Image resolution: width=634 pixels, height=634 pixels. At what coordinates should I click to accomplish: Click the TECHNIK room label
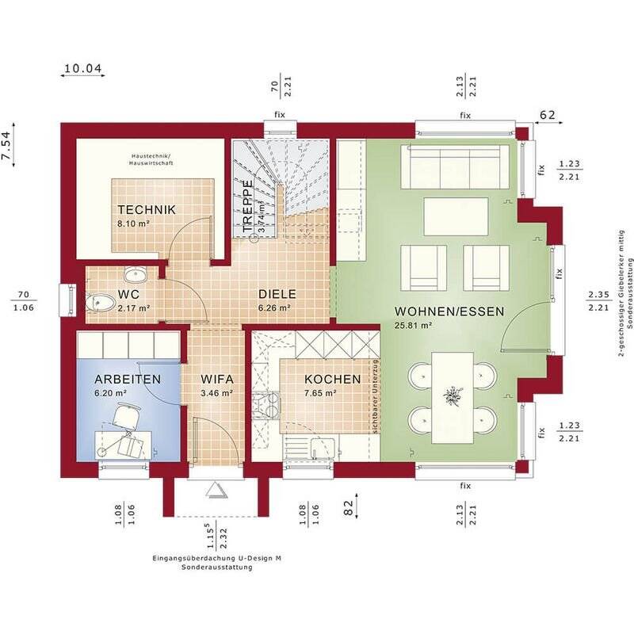[147, 210]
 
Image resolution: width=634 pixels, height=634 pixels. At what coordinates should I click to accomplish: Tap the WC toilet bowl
[100, 303]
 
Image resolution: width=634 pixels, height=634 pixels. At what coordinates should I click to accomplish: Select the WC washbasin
[136, 275]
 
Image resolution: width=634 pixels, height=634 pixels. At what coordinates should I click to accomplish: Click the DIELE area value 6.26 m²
[274, 308]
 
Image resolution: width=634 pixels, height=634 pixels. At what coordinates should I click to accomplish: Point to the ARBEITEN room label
[128, 380]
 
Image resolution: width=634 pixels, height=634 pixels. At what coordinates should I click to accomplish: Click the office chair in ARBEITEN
[126, 414]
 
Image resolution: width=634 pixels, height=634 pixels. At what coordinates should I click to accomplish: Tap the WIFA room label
[217, 380]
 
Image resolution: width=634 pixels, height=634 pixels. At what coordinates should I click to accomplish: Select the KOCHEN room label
[332, 380]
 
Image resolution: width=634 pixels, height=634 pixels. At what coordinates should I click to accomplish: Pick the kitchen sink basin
[323, 447]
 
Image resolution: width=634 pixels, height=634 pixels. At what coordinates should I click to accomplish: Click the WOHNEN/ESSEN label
[449, 311]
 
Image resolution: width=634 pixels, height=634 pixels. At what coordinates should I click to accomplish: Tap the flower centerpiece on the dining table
[452, 396]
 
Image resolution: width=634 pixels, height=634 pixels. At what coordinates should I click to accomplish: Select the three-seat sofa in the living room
[455, 166]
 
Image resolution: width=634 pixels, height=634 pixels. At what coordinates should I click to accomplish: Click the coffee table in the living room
[456, 216]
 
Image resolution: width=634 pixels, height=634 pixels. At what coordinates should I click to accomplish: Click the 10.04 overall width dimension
[83, 68]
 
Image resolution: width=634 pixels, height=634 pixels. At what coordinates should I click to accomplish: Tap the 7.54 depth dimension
[7, 146]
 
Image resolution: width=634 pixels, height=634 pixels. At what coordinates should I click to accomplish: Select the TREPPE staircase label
[247, 206]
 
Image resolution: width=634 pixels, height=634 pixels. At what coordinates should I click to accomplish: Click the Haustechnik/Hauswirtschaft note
[151, 160]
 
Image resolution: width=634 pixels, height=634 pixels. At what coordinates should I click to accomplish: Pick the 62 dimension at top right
[548, 115]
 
